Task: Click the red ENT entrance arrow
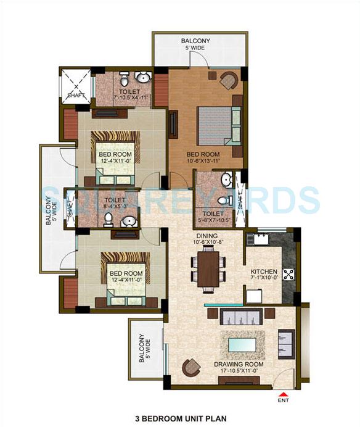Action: pyautogui.click(x=283, y=395)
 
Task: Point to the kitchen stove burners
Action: pyautogui.click(x=287, y=273)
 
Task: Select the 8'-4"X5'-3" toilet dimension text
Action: pyautogui.click(x=115, y=207)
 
